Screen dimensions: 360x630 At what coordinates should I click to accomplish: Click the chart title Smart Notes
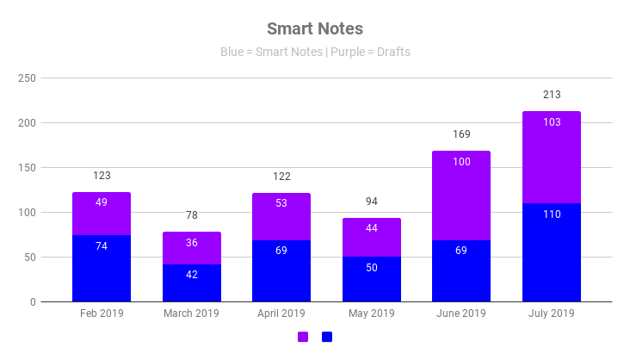(314, 29)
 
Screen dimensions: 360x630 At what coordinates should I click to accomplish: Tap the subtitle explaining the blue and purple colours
(315, 52)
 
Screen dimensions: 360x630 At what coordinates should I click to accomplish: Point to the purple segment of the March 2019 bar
(192, 248)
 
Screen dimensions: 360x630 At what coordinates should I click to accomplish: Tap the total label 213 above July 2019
(552, 95)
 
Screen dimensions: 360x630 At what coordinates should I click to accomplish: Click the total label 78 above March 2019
(192, 215)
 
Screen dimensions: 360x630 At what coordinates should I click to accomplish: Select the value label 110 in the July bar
(552, 214)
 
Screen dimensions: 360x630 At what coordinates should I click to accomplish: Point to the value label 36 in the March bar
(192, 243)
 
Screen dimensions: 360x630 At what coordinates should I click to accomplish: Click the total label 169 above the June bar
(461, 134)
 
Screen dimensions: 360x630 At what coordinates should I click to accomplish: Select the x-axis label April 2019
(281, 313)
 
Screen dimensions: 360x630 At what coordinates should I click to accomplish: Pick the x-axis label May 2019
(372, 313)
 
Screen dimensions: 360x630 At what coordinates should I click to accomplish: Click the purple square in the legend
(303, 337)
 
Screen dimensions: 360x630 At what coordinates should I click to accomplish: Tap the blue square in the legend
(327, 337)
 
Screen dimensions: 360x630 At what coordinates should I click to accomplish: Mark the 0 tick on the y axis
(32, 302)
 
